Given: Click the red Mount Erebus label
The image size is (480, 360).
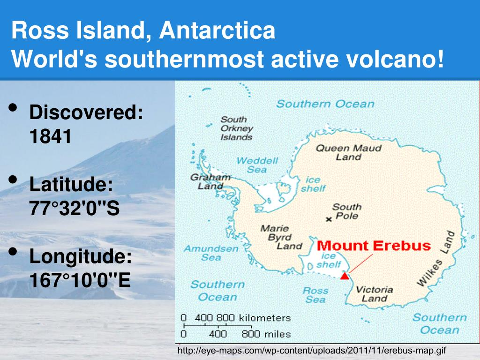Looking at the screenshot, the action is point(374,246).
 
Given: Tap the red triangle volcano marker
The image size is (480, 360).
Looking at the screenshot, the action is point(345,276).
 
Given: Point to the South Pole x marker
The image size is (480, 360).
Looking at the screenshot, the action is point(329,219).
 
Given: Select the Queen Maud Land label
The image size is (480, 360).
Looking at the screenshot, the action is point(349,152).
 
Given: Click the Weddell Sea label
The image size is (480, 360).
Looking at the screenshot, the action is point(257,165).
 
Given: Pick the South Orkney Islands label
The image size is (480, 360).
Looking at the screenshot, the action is point(237,128).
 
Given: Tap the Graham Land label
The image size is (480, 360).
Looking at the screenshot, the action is point(210,181).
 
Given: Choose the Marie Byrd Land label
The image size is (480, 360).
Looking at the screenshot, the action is point(281,237).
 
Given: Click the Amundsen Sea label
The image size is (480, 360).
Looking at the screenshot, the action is point(211,253).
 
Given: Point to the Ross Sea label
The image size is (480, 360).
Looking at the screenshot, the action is point(315,295).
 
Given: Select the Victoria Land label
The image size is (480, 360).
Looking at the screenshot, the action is point(375,294).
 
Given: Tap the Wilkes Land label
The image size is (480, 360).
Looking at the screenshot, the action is point(436,259).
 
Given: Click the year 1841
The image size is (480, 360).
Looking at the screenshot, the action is point(50,136).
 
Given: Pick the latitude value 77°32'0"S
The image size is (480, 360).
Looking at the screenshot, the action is point(75,208).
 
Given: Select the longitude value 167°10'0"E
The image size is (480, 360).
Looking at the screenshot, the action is point(80,280).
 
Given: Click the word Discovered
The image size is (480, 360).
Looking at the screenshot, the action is point(86,112).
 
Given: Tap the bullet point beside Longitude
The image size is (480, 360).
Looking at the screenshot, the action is point(13,252).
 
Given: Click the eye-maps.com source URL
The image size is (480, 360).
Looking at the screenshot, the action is point(312,350).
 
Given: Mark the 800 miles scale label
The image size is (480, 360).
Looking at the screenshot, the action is point(266,334).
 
